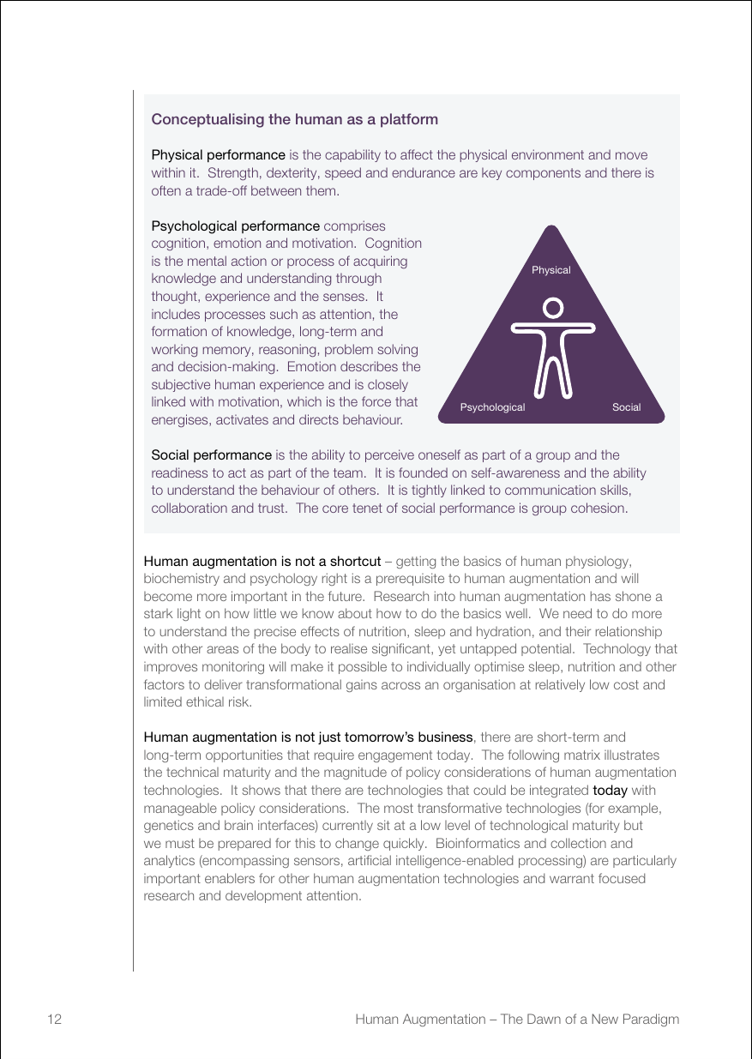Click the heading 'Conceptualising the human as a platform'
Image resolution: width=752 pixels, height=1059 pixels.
(x=294, y=120)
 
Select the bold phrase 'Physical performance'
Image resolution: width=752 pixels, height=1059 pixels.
(x=218, y=155)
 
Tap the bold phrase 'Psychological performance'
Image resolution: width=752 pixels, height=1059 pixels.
(x=235, y=226)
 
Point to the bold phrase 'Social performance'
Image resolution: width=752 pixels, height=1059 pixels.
(x=211, y=454)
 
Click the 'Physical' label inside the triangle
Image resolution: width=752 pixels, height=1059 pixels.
(x=550, y=270)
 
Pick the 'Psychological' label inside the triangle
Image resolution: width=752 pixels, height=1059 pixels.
(x=492, y=407)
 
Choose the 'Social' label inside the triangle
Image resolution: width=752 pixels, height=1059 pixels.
(x=626, y=407)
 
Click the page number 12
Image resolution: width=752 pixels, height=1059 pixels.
(x=54, y=1020)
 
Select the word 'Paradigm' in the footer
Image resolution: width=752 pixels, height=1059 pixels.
(x=648, y=1020)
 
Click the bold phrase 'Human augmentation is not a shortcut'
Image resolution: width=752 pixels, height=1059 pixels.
(x=262, y=562)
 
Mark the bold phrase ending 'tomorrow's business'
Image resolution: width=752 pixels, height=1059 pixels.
(x=308, y=737)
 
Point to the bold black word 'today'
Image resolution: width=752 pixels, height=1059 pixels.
(x=610, y=790)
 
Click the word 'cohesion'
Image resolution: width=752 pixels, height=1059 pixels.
(x=599, y=508)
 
